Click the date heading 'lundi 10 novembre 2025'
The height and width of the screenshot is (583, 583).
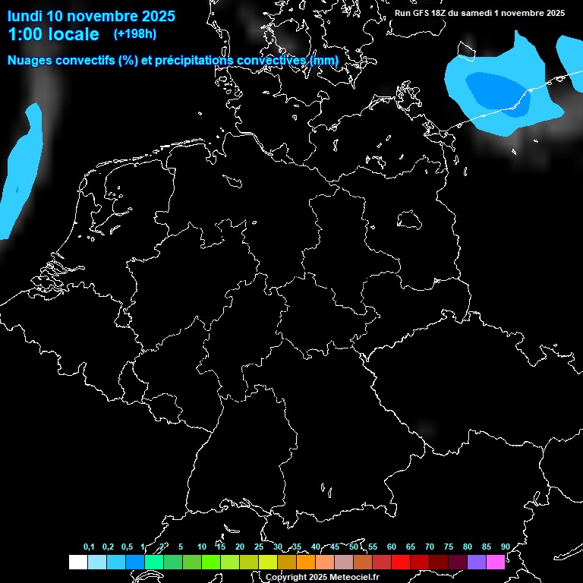[91, 16]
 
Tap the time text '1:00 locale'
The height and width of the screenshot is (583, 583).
[53, 34]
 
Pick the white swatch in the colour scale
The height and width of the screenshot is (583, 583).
[77, 562]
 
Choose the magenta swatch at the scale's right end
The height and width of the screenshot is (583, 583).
[496, 562]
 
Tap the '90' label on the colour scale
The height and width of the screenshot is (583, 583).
[505, 547]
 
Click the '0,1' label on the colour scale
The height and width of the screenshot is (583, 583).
[89, 547]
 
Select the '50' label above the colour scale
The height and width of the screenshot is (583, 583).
[354, 547]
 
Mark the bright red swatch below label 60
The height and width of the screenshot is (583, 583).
[401, 562]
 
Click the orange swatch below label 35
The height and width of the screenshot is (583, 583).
[305, 562]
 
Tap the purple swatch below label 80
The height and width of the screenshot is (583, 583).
[477, 562]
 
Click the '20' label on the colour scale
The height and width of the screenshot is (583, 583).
[240, 547]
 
